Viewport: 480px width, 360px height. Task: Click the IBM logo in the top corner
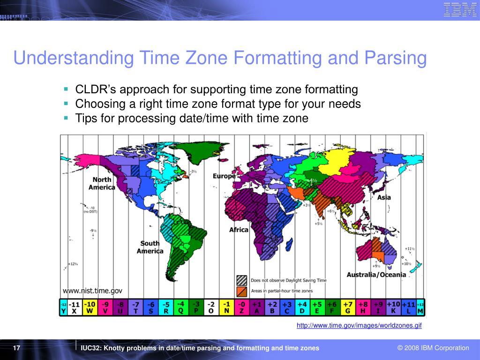tap(460, 10)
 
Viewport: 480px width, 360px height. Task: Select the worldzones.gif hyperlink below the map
tap(359, 325)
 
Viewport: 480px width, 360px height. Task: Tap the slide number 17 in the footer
tap(16, 348)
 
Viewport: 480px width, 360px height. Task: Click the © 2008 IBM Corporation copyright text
tap(433, 348)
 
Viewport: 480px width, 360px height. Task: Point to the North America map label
tap(102, 183)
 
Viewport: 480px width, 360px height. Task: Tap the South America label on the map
tap(150, 247)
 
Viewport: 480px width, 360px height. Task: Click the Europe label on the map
tap(224, 176)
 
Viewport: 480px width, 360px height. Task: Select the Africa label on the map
tap(239, 230)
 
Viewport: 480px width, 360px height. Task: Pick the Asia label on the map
tap(384, 197)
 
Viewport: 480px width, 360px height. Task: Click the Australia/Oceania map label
tap(376, 275)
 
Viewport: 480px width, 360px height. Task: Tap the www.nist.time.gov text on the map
tap(92, 291)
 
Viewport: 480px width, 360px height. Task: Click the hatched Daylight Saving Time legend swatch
tap(242, 280)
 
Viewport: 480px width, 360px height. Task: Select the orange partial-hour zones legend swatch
tap(242, 291)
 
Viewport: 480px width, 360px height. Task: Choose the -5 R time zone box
tap(166, 307)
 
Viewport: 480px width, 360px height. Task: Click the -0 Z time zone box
tap(241, 307)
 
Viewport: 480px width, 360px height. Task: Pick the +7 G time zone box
tap(347, 307)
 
